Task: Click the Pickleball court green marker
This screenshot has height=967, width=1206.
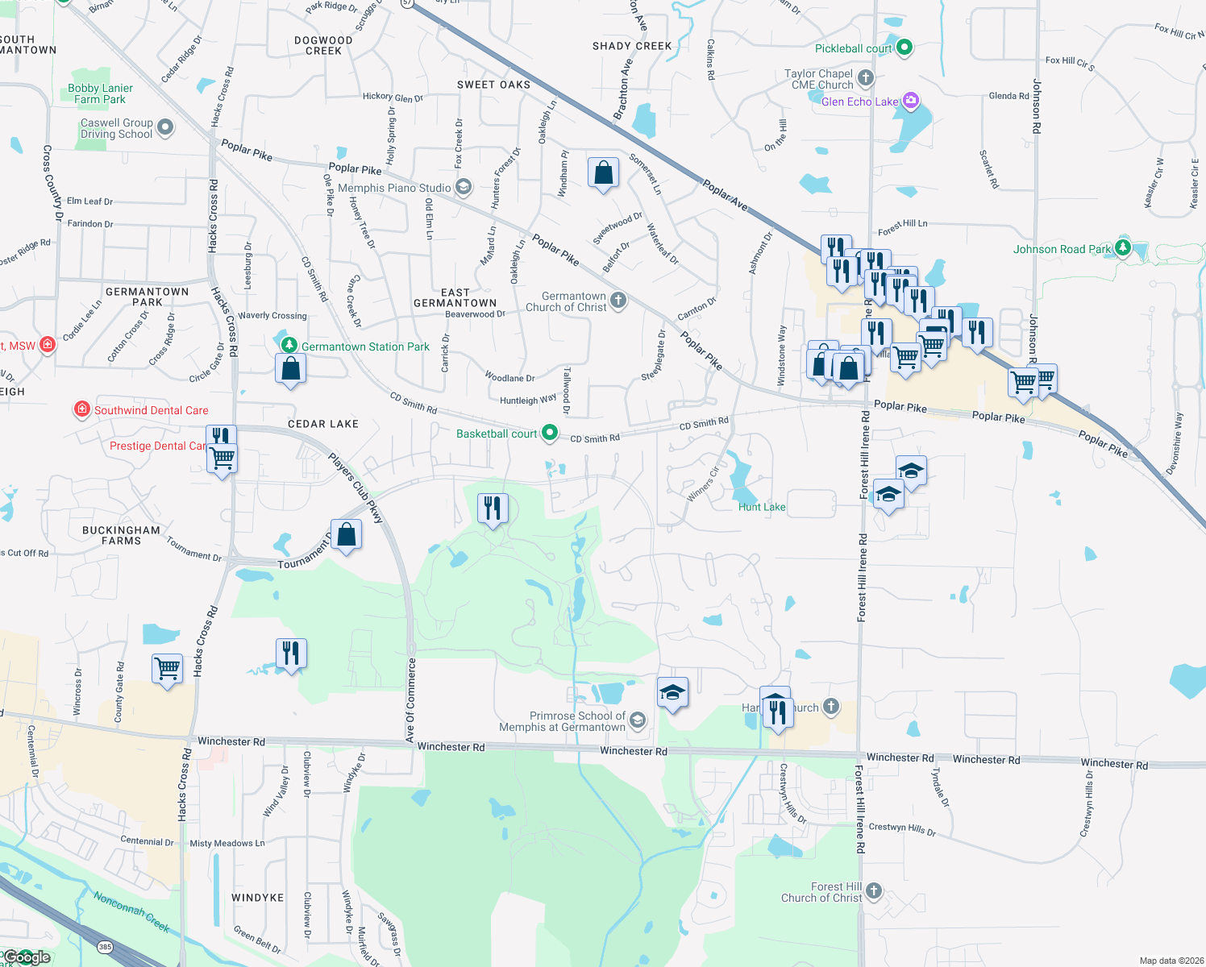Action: (904, 48)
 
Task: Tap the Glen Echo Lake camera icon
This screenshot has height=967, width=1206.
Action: (911, 101)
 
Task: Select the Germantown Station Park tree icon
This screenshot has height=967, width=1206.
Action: (289, 345)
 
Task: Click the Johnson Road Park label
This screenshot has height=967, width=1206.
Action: (1062, 249)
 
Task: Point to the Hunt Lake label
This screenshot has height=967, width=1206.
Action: (762, 507)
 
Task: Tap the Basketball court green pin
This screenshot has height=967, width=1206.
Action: (550, 433)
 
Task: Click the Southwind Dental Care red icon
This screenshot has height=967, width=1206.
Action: (82, 409)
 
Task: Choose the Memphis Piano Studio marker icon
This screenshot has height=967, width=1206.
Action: (463, 187)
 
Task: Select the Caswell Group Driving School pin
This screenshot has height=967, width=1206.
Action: (165, 127)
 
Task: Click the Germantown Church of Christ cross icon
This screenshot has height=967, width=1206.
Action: (618, 301)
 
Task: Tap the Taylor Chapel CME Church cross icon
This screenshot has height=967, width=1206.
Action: (866, 78)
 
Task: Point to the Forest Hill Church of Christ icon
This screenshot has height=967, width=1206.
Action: (874, 891)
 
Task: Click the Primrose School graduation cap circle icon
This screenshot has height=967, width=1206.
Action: (638, 720)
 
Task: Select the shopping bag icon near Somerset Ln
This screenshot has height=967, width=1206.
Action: (603, 173)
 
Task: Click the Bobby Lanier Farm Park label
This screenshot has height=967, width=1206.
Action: (100, 93)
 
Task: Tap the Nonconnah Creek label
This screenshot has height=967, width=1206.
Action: (131, 911)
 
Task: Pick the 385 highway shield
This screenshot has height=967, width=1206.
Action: (105, 947)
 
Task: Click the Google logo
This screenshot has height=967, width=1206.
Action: (27, 957)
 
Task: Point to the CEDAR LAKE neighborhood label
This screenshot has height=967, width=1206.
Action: (323, 424)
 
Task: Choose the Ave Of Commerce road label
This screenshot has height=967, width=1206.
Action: (411, 700)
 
